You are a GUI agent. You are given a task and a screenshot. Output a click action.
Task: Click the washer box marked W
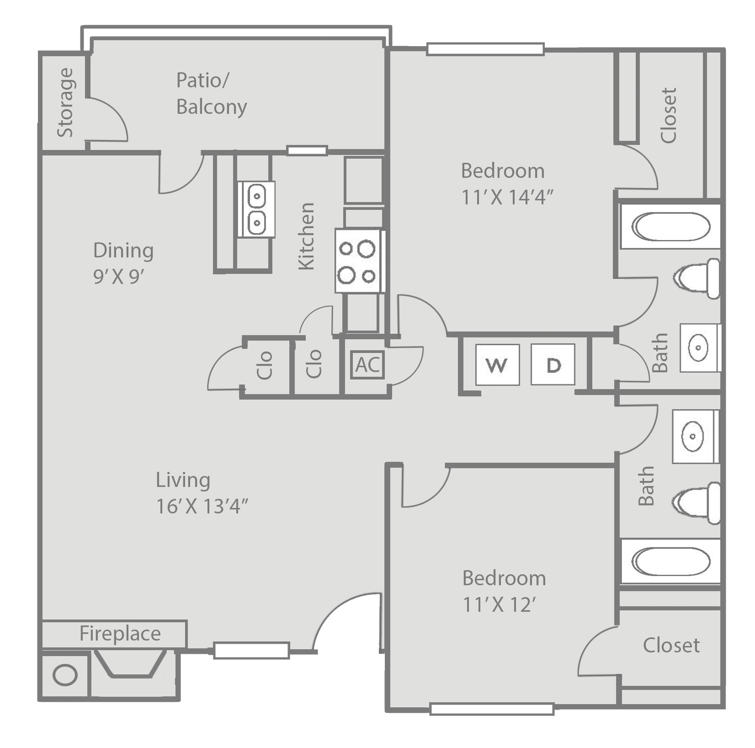tap(497, 364)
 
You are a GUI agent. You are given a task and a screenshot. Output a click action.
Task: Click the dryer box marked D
tap(553, 364)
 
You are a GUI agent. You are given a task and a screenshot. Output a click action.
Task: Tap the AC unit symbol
tap(367, 364)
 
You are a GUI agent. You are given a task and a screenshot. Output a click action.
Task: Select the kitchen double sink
tap(256, 209)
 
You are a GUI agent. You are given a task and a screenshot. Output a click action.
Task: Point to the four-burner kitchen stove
tap(360, 261)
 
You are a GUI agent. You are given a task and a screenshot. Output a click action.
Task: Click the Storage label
tap(65, 102)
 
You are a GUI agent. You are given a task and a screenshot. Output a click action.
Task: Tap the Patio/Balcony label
tap(212, 93)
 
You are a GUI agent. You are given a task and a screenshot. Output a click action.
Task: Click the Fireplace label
tap(120, 634)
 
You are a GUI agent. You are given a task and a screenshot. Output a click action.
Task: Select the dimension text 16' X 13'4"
tap(202, 506)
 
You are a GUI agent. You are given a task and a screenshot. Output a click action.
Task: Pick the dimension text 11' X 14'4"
tap(508, 198)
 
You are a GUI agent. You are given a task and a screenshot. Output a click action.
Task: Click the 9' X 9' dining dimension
tap(119, 277)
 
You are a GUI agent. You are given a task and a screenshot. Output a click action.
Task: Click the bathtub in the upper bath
tap(671, 226)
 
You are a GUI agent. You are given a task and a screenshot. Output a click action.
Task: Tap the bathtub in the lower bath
tap(671, 561)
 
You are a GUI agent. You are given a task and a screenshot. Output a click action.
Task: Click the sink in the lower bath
tap(693, 436)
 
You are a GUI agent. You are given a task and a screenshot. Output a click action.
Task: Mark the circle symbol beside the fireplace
tap(65, 675)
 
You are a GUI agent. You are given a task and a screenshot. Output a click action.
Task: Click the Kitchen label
tap(306, 236)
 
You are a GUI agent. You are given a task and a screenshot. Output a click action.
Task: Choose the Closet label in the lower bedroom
tap(671, 646)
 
